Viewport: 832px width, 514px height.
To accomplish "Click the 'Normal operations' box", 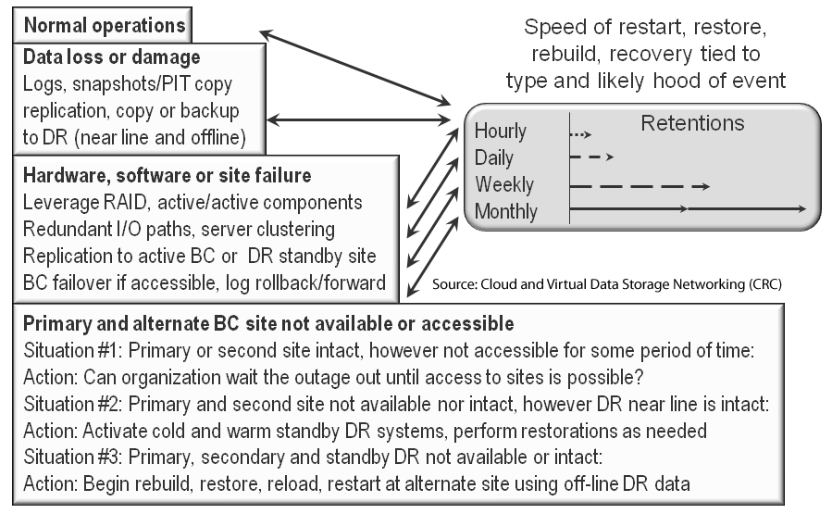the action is tap(103, 25).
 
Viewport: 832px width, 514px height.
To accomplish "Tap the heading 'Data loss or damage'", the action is tap(111, 56).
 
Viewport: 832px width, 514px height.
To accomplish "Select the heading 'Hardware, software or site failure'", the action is tap(168, 175).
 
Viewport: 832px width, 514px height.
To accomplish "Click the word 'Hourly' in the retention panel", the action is tap(501, 132).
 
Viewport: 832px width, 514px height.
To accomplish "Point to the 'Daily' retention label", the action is tap(494, 157).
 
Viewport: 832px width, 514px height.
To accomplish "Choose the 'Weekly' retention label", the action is tap(504, 184).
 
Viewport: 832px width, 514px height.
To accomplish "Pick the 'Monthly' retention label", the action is tap(505, 211).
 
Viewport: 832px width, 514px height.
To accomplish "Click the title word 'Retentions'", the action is tap(692, 123).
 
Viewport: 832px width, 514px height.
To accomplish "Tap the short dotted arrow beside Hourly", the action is tap(580, 135).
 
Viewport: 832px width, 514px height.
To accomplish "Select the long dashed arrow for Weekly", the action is tap(640, 186).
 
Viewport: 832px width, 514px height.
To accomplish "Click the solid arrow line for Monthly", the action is tap(688, 209).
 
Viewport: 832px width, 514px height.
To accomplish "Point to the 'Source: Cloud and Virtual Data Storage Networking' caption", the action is tap(607, 284).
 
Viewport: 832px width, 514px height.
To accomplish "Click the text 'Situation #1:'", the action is tap(73, 350).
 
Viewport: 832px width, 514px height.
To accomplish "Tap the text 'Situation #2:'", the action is tap(73, 404).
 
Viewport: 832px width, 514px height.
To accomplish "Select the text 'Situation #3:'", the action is tap(73, 458).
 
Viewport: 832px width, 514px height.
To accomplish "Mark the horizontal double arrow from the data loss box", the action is tap(358, 120).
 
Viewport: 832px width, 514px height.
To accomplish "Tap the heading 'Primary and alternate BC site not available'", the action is tap(268, 323).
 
